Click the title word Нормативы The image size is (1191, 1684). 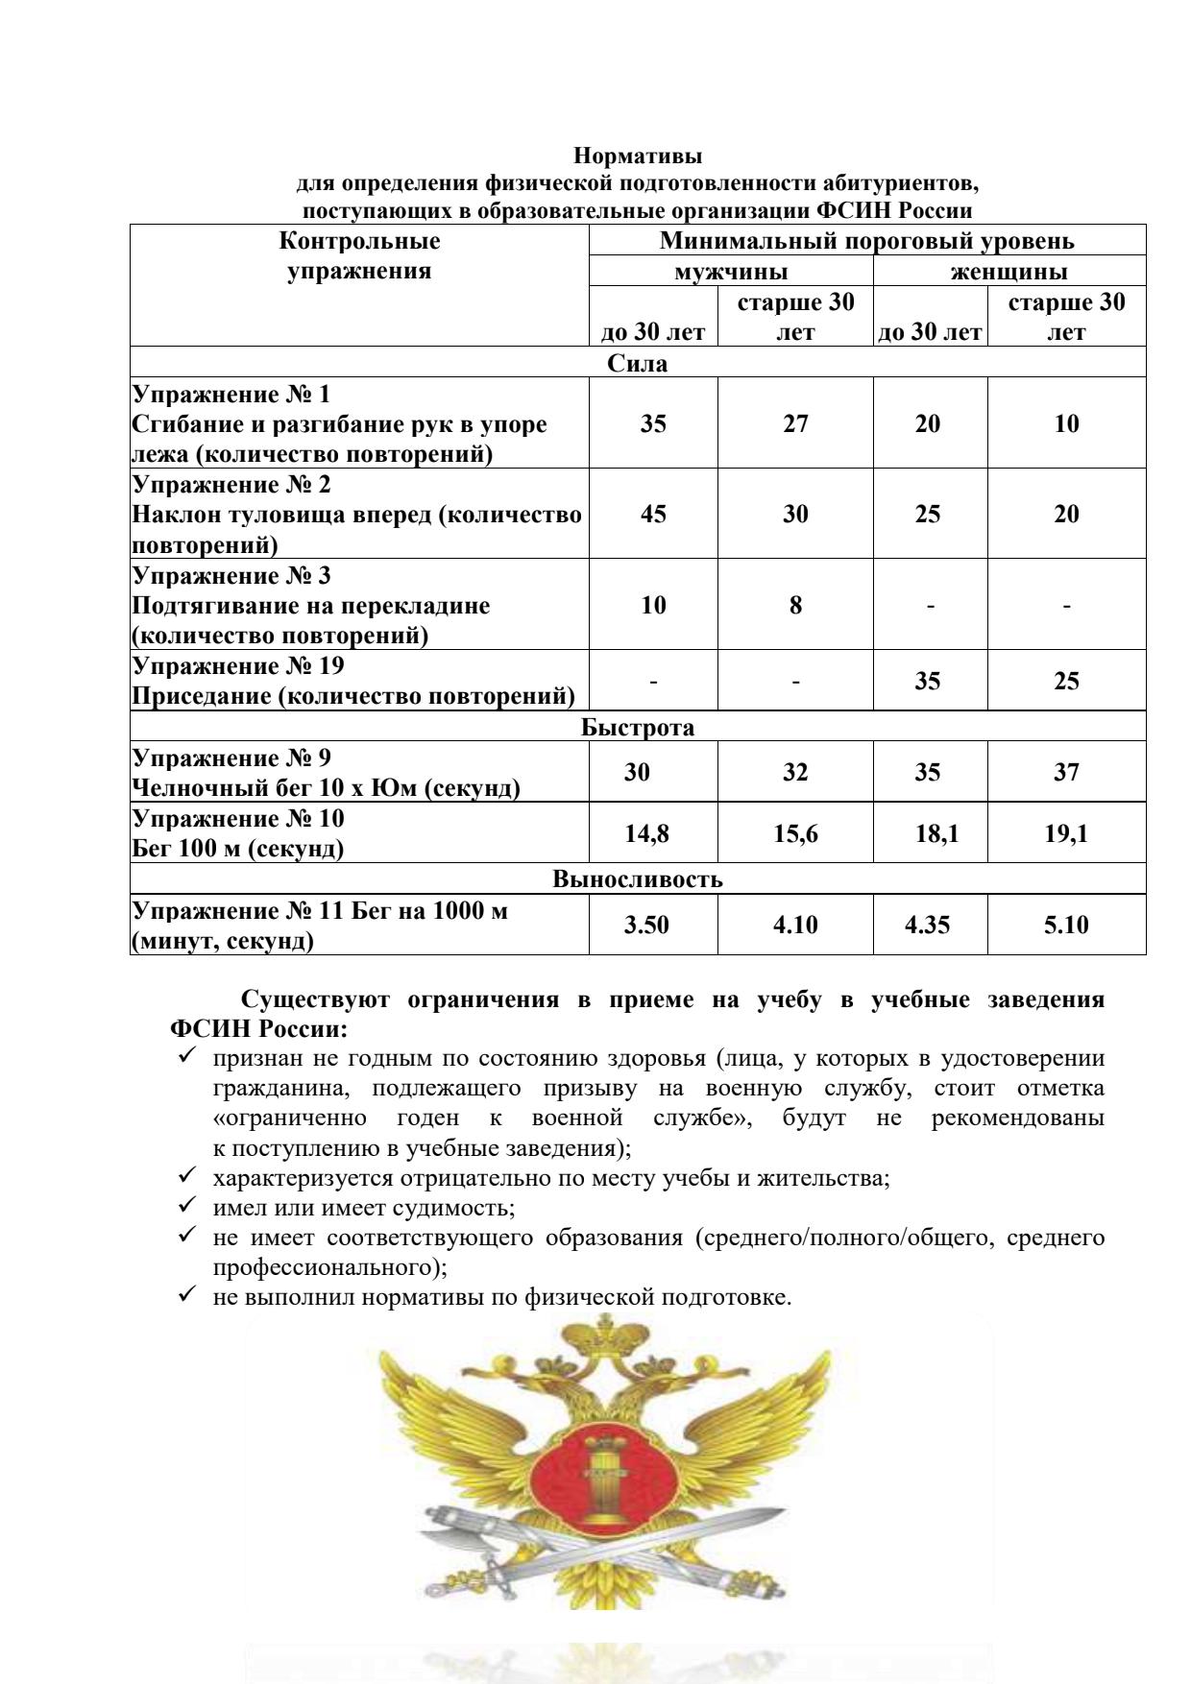(638, 155)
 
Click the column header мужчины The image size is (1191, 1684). (731, 271)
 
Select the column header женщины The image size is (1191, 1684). (1009, 271)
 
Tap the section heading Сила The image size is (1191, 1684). (638, 363)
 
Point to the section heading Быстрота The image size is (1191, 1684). (638, 727)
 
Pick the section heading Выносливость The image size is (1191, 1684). (638, 879)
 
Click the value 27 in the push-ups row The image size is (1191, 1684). (795, 423)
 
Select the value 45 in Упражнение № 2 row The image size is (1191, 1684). (653, 514)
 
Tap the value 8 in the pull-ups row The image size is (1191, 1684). (795, 605)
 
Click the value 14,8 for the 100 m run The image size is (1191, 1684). (646, 833)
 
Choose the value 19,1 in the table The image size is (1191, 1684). (1066, 833)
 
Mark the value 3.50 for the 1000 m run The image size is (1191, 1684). (646, 926)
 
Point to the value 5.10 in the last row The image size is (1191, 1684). (1066, 926)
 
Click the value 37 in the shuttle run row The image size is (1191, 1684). (1066, 772)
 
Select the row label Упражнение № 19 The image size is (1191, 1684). (238, 665)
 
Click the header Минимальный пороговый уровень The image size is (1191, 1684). (866, 240)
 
